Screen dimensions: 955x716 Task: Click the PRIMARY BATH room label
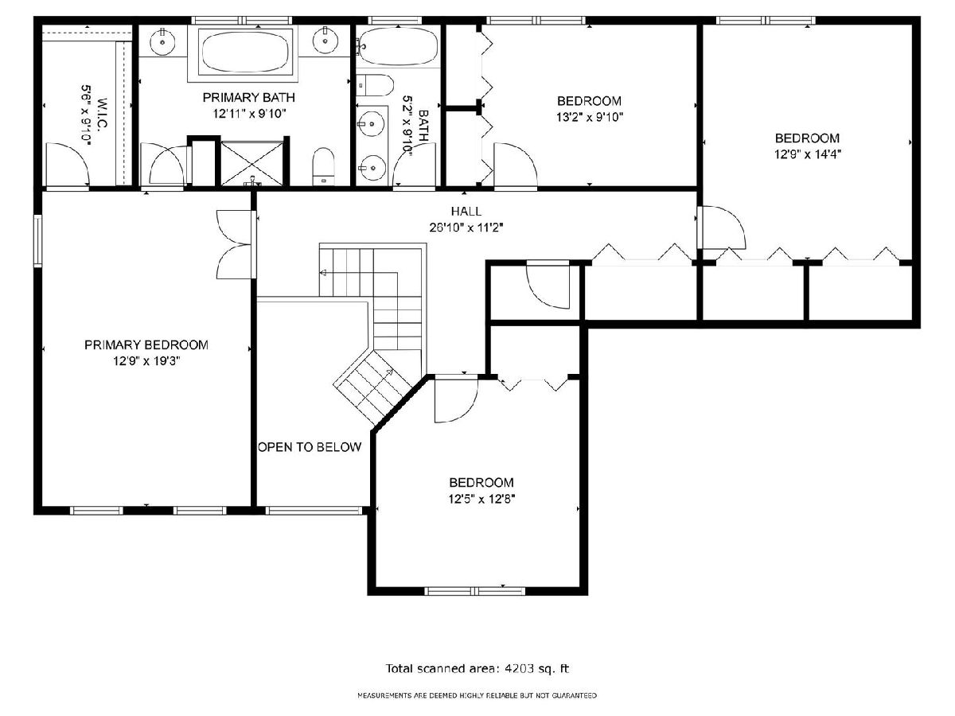tap(248, 97)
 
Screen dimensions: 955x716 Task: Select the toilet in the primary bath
tap(324, 166)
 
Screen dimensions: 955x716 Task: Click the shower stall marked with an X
tap(252, 162)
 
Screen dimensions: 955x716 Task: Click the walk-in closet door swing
tap(68, 165)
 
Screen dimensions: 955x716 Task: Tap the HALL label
tap(466, 212)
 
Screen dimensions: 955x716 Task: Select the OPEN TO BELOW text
tap(310, 447)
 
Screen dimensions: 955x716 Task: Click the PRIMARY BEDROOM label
tap(146, 344)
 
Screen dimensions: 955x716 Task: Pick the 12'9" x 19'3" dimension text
tap(146, 361)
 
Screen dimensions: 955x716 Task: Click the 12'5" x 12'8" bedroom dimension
tap(481, 499)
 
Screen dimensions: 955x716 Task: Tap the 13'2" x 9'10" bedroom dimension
tap(590, 117)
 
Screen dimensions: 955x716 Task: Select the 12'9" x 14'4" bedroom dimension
tap(807, 154)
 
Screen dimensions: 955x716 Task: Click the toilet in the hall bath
tap(375, 85)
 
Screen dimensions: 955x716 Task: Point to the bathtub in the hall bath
tap(397, 45)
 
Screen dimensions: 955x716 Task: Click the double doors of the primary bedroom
tap(235, 244)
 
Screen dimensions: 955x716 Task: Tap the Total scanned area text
tap(477, 668)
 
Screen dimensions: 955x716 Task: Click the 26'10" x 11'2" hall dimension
tap(466, 228)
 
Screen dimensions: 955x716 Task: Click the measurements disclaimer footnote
tap(477, 695)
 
